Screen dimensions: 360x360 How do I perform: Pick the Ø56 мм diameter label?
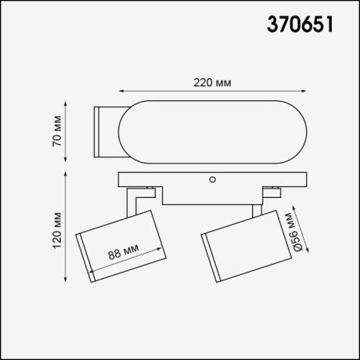[x=290, y=231]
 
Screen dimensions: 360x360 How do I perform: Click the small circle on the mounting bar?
[x=212, y=179]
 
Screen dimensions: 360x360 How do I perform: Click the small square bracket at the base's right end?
[x=272, y=190]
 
